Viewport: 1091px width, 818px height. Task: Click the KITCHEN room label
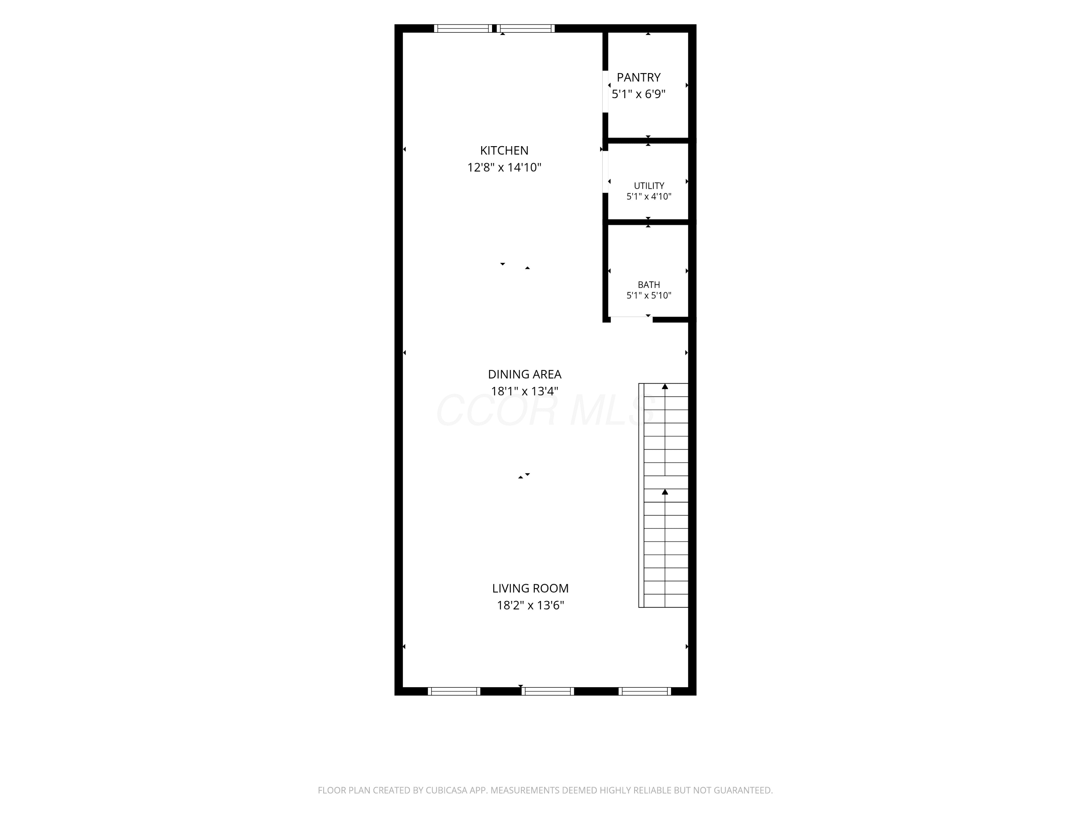(x=504, y=151)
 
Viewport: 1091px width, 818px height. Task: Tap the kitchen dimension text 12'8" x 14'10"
(x=504, y=168)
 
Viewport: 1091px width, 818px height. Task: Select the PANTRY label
(x=639, y=77)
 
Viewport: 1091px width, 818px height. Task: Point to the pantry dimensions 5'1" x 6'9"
(x=639, y=94)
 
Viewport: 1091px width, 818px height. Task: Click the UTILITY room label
(x=649, y=186)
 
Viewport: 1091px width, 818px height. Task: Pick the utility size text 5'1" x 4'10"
(x=649, y=197)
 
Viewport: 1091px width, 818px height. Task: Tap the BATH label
(x=649, y=285)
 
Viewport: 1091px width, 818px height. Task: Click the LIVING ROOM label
(x=530, y=589)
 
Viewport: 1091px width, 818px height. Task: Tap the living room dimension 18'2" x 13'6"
(x=530, y=605)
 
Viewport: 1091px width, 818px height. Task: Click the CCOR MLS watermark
(x=546, y=410)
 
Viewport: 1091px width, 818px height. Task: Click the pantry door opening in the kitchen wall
(x=605, y=92)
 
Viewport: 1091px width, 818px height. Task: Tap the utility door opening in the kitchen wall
(x=605, y=172)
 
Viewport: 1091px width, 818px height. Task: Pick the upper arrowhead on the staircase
(x=665, y=386)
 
